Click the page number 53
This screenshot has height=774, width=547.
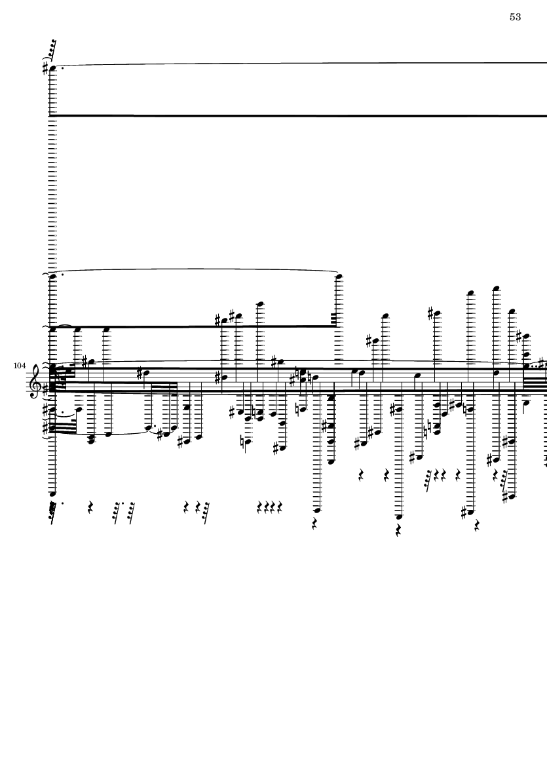[515, 17]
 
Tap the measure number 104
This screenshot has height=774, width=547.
[18, 365]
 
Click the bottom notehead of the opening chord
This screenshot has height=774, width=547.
[53, 494]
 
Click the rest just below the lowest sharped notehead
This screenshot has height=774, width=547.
[476, 525]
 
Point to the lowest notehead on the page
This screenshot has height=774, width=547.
[399, 517]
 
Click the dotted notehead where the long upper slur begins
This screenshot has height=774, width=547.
[53, 276]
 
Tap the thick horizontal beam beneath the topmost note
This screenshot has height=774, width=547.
[295, 115]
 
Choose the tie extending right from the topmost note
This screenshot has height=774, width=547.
[295, 64]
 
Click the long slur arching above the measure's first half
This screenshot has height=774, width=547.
[197, 269]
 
